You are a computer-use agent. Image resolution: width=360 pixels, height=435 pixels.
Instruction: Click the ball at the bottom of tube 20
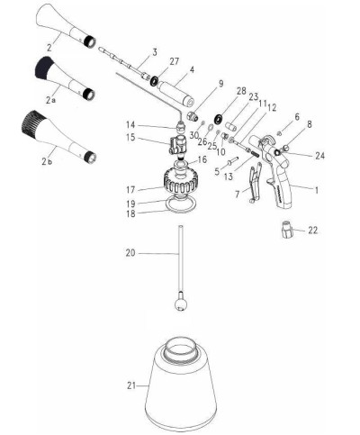click(183, 304)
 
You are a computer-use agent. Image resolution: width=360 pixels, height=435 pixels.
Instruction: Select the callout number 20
click(132, 255)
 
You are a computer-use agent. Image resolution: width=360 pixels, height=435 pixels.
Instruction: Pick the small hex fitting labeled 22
click(286, 231)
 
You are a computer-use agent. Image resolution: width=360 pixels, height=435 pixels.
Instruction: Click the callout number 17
click(131, 189)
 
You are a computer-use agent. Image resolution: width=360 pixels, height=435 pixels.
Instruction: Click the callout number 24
click(320, 154)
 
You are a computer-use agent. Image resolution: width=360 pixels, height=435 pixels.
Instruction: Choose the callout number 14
click(131, 124)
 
